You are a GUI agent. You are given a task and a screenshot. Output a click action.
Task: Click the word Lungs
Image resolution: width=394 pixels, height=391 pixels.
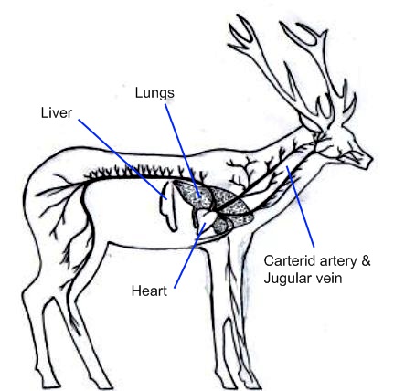tap(154, 93)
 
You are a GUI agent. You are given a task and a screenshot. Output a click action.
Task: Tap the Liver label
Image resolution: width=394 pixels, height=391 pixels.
tap(57, 113)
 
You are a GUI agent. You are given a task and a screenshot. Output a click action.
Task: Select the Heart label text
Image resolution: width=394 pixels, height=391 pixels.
tap(149, 291)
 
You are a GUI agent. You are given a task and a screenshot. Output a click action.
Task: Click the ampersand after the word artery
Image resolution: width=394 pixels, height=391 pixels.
tap(366, 261)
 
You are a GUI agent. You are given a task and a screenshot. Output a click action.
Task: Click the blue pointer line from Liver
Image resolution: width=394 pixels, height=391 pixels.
tap(122, 159)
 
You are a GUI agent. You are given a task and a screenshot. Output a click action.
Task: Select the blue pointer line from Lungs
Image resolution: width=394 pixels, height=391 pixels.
tap(183, 151)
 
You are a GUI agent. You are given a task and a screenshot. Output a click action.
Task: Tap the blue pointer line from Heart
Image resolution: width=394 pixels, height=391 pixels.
tap(189, 255)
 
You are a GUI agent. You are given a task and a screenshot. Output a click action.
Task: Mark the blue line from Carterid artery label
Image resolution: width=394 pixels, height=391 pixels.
tap(300, 206)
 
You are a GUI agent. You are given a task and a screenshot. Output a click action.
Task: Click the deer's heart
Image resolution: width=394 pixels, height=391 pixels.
tap(207, 217)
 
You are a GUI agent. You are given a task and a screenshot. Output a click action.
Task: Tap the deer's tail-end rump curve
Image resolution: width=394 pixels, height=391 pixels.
tap(29, 195)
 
